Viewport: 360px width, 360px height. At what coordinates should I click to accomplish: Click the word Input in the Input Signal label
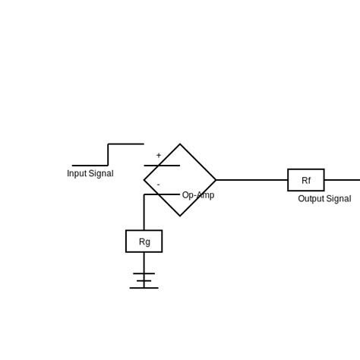pos(77,174)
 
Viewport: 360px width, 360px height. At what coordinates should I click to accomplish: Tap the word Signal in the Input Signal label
pos(101,174)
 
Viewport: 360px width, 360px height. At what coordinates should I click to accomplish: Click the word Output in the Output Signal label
pos(311,199)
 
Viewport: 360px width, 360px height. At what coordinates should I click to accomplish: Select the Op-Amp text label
pos(198,195)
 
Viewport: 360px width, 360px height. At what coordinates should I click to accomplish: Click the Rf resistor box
pos(306,180)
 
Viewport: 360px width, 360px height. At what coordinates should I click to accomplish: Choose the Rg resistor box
pos(144,242)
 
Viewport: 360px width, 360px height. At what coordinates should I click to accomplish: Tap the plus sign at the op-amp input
pos(159,156)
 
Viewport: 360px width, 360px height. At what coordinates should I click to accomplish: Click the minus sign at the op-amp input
pos(158,185)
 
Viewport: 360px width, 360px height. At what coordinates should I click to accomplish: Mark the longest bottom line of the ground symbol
pos(144,288)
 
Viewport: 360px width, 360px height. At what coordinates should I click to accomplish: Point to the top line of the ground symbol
pos(144,273)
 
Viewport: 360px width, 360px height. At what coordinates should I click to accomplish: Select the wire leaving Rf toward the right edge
pos(342,180)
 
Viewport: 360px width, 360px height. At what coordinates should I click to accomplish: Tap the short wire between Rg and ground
pos(144,263)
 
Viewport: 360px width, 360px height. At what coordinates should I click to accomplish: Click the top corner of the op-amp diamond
pos(180,144)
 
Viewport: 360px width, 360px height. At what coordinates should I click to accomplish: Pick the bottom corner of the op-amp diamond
pos(180,216)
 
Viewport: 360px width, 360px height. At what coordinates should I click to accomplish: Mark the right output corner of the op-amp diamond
pos(216,180)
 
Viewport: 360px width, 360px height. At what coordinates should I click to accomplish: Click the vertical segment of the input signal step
pos(108,155)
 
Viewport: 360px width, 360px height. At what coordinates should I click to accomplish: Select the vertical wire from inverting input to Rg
pos(144,213)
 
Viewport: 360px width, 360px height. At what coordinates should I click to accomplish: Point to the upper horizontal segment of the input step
pos(126,144)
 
